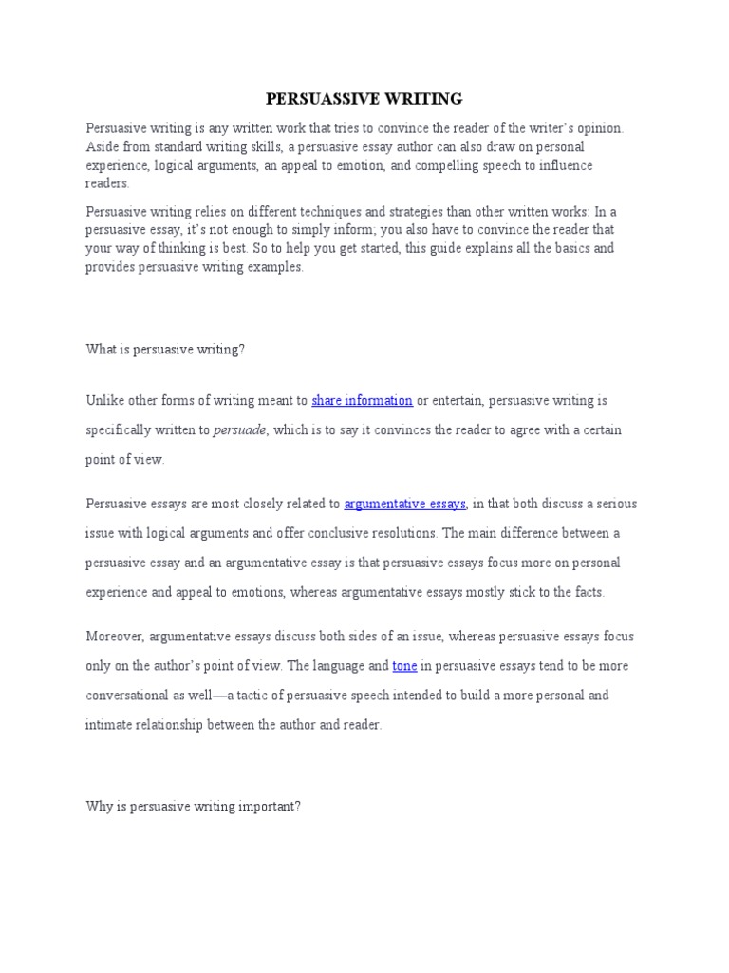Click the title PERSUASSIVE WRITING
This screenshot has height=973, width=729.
pos(364,98)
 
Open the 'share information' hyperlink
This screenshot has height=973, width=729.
pos(362,400)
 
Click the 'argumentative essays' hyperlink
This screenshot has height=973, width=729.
pos(405,504)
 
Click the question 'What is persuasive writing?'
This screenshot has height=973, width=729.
pos(165,350)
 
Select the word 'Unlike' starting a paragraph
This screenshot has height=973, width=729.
pos(103,400)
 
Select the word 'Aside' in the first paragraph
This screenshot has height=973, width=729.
pos(102,146)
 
